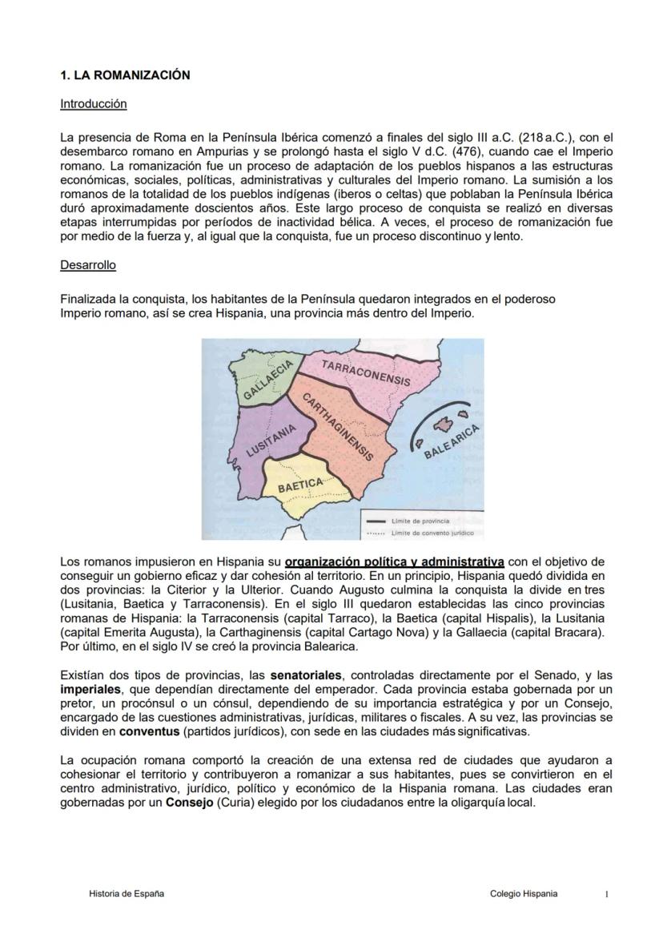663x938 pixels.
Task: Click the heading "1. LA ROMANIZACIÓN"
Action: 125,75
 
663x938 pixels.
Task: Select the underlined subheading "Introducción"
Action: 93,104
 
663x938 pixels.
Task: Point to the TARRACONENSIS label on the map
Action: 365,372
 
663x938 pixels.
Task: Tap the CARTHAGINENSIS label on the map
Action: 338,427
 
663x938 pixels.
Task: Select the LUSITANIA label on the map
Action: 271,440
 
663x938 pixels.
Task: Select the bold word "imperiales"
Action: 88,688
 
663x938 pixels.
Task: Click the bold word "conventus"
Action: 146,731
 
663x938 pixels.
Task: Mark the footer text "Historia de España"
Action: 127,894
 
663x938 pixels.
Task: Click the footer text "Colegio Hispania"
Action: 524,894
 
